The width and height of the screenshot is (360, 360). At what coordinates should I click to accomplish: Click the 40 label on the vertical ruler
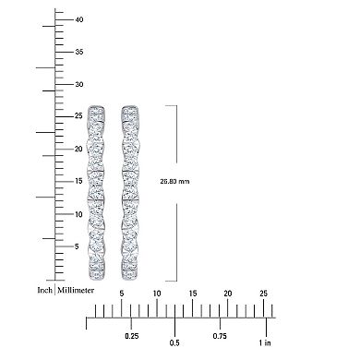point(79,18)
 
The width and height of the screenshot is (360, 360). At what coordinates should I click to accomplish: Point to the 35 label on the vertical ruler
point(79,51)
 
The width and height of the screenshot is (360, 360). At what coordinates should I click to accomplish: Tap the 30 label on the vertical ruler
point(79,84)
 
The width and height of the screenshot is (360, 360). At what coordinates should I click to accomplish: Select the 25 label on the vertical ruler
point(79,116)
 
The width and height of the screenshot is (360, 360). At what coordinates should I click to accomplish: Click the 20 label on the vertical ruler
point(79,149)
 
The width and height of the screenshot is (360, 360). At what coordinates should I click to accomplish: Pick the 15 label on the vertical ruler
point(79,181)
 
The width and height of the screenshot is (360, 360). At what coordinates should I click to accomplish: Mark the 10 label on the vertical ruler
point(79,213)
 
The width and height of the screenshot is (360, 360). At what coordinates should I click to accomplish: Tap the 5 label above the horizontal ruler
point(122,294)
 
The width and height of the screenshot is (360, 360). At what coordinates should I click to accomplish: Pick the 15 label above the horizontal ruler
point(192,294)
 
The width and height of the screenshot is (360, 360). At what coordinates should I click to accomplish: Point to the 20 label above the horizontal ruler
point(227,294)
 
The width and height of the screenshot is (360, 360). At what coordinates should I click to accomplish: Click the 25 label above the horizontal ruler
point(263,294)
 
